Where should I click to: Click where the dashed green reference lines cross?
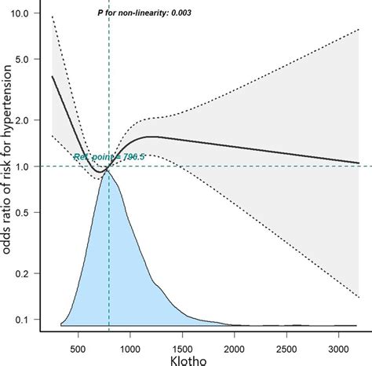pyautogui.click(x=109, y=166)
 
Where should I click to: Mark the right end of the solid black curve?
pyautogui.click(x=359, y=163)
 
